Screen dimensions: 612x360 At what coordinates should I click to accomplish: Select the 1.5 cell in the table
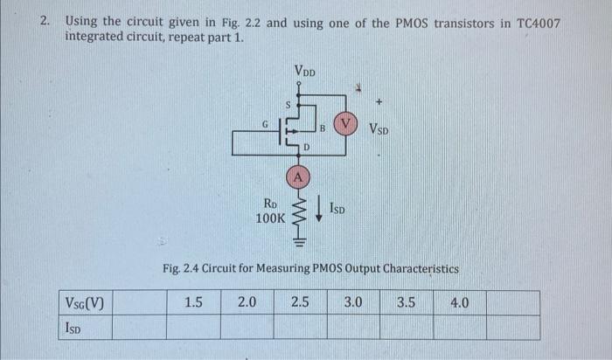point(194,303)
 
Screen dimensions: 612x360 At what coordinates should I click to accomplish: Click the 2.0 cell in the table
point(247,303)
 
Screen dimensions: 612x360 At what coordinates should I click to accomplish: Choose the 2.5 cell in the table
point(301,303)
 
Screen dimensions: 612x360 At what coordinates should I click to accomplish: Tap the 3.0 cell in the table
point(353,303)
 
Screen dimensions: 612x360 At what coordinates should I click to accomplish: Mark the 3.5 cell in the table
point(407,303)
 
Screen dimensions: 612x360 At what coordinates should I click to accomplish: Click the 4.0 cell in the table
point(459,303)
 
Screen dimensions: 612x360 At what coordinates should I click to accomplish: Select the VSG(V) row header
point(85,304)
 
